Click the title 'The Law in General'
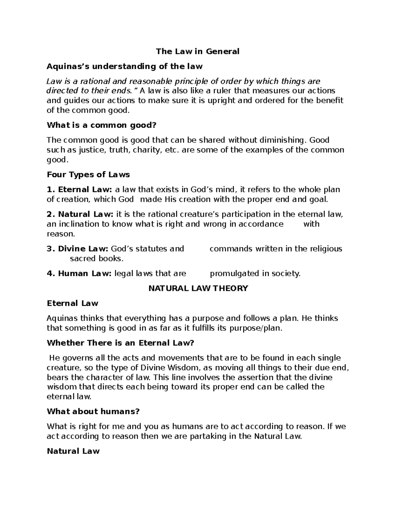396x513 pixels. pos(198,52)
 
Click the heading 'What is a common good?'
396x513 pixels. pos(101,125)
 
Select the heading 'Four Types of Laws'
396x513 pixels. pos(88,174)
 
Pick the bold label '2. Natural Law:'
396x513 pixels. pos(80,214)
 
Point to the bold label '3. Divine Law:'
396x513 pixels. pos(78,249)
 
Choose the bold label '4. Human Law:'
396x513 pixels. pos(80,274)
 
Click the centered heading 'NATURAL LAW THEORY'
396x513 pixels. pos(198,288)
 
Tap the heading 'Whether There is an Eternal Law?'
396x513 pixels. pos(120,343)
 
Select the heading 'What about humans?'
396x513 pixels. pos(93,412)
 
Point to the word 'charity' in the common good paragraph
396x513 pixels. pos(148,150)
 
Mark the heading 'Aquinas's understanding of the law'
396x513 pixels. pos(125,66)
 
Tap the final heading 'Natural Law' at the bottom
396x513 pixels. pos(73,451)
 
